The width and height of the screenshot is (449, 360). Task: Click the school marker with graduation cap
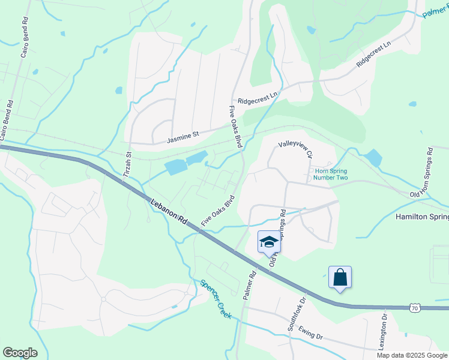pos(268,242)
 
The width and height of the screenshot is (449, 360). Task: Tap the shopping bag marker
pos(340,277)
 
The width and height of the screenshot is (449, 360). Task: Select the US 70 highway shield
pos(415,308)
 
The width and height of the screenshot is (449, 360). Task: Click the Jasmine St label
pos(182,137)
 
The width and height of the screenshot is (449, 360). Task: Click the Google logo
pos(20,353)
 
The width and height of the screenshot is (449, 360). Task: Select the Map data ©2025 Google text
pos(412,355)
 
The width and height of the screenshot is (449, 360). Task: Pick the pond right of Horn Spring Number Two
pos(373,158)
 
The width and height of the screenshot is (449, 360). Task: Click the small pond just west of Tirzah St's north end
pos(119,91)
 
